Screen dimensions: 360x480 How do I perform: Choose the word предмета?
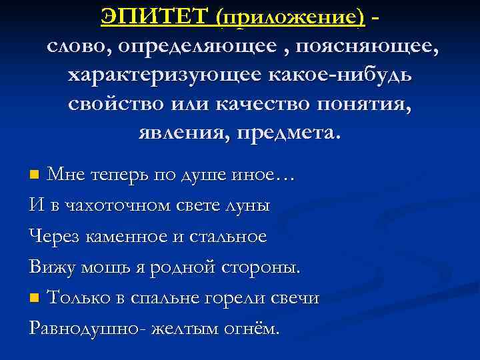pyautogui.click(x=293, y=133)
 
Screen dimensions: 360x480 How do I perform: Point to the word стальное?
pyautogui.click(x=229, y=237)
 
